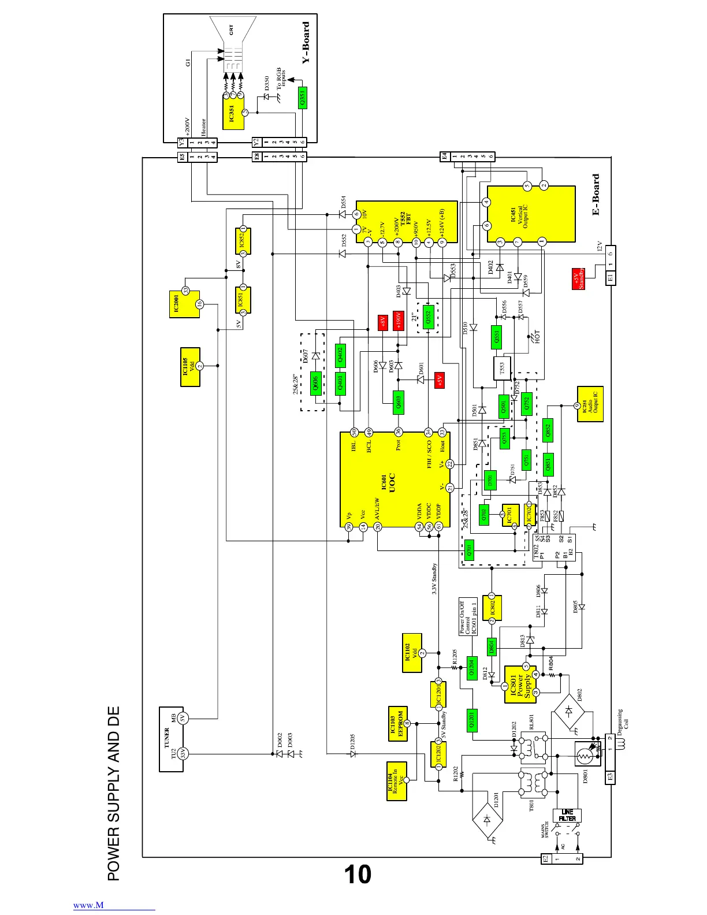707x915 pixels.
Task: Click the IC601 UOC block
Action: tap(395, 479)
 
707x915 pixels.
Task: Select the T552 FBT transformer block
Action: tap(407, 222)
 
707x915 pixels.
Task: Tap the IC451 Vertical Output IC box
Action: tap(531, 214)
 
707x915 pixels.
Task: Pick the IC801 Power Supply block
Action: tap(520, 685)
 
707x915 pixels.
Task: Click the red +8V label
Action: tap(382, 322)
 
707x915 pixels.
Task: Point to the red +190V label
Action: tap(398, 321)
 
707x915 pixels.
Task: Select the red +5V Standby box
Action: tap(579, 278)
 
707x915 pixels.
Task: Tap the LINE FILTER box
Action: tap(567, 815)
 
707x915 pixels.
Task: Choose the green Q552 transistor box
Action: tap(428, 317)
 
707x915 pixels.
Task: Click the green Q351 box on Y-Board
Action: tap(302, 98)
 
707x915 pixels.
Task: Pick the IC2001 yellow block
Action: tap(184, 304)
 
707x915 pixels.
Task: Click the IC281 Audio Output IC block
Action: tap(590, 404)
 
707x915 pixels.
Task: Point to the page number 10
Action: tap(358, 875)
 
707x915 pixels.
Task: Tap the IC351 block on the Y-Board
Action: tap(233, 113)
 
